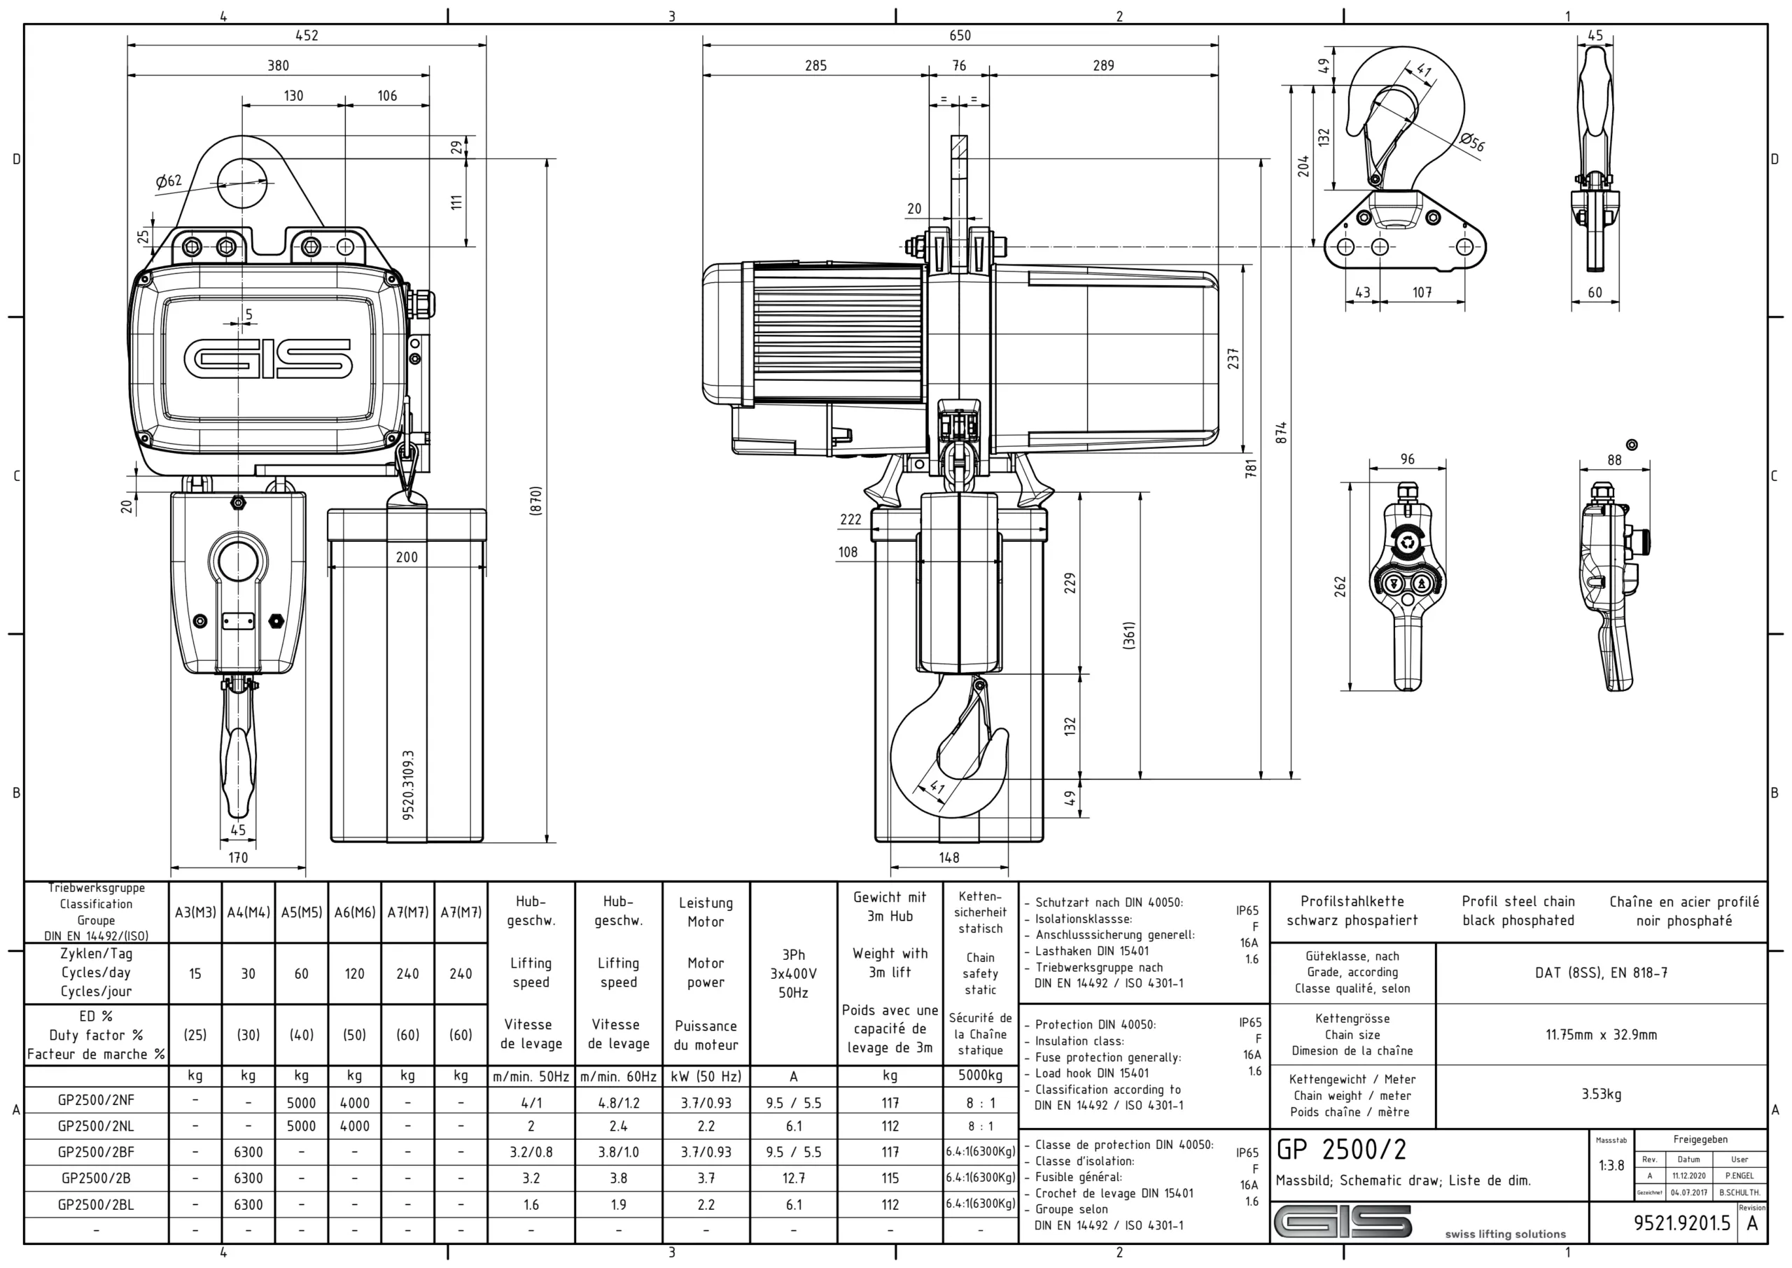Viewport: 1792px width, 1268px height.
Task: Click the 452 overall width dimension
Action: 307,35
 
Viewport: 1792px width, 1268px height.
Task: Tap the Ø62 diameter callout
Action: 169,181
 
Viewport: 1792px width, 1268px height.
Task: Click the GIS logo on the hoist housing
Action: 267,358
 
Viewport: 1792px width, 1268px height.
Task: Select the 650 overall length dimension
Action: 960,35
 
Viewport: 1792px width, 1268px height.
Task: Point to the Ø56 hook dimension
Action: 1472,142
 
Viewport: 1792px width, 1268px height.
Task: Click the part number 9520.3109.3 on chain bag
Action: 408,785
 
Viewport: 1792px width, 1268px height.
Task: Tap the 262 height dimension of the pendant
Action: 1340,585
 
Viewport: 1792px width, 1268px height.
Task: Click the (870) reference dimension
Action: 535,501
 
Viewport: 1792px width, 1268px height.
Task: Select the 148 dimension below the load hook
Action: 949,857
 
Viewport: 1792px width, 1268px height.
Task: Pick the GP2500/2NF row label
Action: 96,1100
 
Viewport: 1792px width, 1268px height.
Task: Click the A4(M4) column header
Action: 248,912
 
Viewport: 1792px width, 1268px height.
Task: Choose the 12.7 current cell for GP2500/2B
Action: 793,1178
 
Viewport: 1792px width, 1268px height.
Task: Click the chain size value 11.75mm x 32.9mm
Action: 1601,1035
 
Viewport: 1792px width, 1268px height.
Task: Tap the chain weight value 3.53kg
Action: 1601,1094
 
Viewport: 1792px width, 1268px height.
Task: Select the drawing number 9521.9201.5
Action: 1682,1223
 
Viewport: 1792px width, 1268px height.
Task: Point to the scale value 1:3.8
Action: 1611,1166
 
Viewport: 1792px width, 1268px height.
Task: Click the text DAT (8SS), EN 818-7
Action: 1601,973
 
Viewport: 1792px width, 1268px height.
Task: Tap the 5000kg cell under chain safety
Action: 980,1076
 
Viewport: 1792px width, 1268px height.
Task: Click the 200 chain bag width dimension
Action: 407,557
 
